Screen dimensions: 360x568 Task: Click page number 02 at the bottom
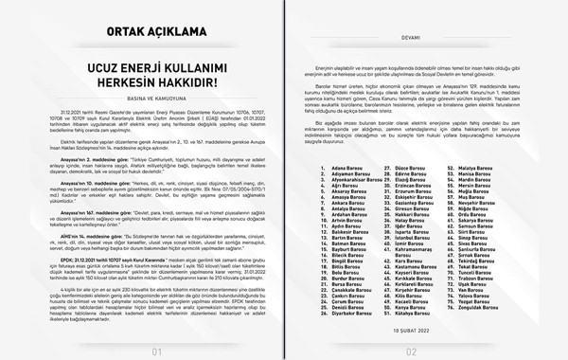click(x=424, y=350)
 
